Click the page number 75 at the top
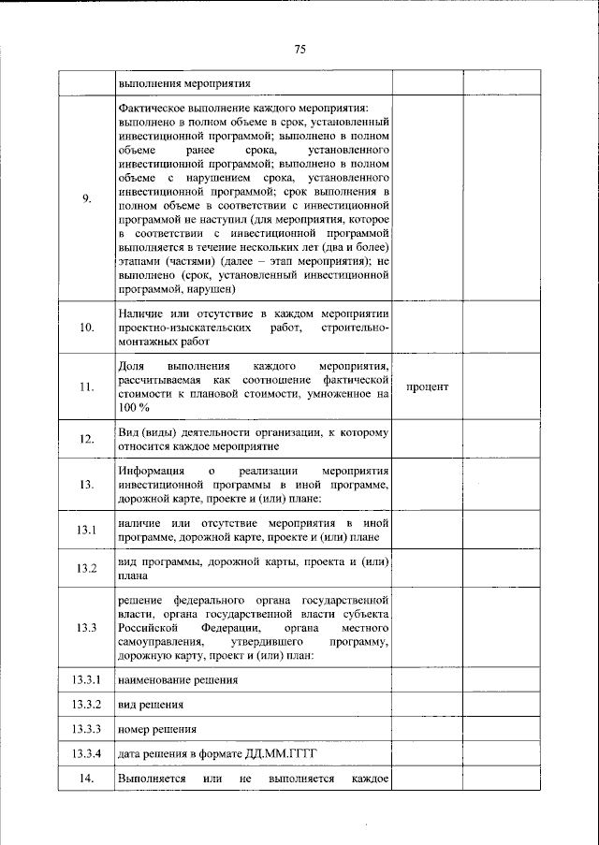coord(299,50)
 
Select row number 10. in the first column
coord(87,327)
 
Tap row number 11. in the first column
coord(87,387)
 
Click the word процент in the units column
coord(429,386)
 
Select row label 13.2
coord(87,569)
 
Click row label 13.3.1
coord(87,678)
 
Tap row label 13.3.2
coord(87,703)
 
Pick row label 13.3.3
coord(87,727)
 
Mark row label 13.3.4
coord(87,752)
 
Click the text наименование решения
coord(178,678)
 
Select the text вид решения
coord(151,703)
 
